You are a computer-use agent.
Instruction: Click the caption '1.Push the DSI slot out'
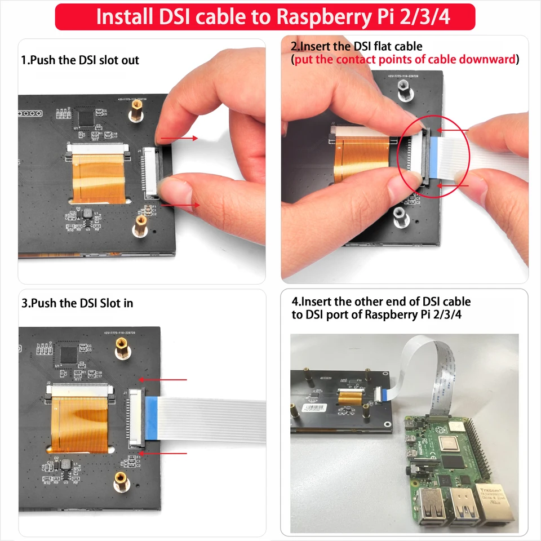(x=80, y=60)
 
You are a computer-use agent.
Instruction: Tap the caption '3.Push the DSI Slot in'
(x=78, y=303)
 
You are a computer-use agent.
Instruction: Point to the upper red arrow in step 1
(x=179, y=138)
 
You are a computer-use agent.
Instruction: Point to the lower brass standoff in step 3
(x=119, y=481)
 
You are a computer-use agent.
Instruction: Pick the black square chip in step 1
(x=86, y=117)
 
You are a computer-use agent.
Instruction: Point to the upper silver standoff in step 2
(x=403, y=87)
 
